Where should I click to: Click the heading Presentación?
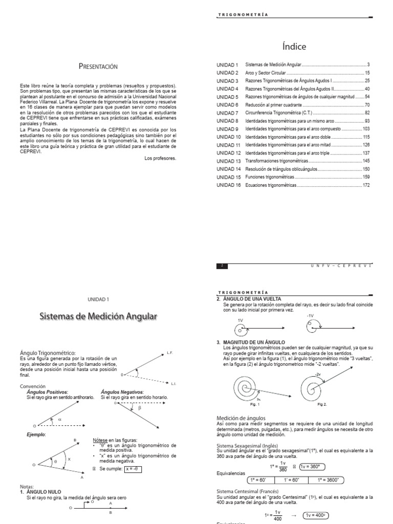98,66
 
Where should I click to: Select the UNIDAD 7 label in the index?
228,113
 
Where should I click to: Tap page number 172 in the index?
365,185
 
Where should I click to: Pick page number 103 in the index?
365,129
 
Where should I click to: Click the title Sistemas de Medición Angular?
98,317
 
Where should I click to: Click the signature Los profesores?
160,158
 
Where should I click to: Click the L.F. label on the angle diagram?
170,353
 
